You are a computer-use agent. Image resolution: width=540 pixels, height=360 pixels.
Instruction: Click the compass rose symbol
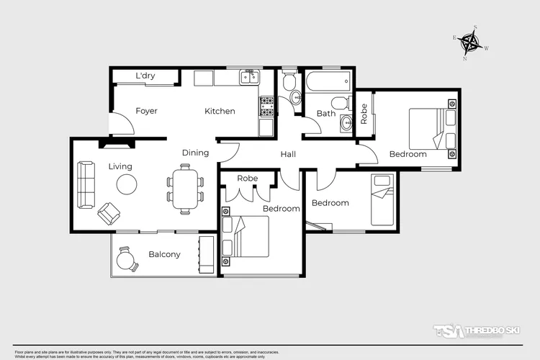click(x=472, y=44)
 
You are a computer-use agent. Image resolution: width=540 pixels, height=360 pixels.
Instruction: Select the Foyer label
click(x=146, y=111)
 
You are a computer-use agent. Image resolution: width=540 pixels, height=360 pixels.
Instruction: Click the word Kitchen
click(x=220, y=111)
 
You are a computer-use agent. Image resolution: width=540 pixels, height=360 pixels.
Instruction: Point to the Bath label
click(x=326, y=113)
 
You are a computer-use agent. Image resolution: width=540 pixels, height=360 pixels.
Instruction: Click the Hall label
click(x=288, y=154)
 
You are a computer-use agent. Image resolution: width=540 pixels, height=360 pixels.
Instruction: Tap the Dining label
click(x=195, y=153)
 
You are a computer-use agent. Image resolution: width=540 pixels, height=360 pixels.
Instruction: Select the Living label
click(x=120, y=166)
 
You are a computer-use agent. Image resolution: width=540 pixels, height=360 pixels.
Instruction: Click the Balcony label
click(x=164, y=254)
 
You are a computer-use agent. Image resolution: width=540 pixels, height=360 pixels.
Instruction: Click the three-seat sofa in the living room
click(x=86, y=184)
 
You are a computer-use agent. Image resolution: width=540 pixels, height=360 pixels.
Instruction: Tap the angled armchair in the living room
click(x=109, y=213)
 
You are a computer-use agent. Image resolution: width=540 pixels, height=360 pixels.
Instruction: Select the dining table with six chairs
click(x=186, y=189)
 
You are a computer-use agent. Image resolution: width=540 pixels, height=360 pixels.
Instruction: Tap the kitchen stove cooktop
click(x=266, y=106)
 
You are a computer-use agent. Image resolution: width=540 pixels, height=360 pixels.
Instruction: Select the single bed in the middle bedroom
click(x=382, y=199)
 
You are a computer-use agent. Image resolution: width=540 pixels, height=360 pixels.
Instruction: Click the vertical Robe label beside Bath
click(x=364, y=114)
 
